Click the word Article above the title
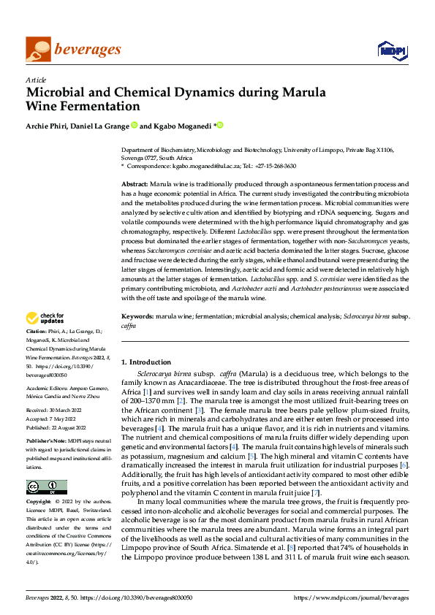pos(36,80)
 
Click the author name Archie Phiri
pos(48,126)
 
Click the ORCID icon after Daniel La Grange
pos(135,126)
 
